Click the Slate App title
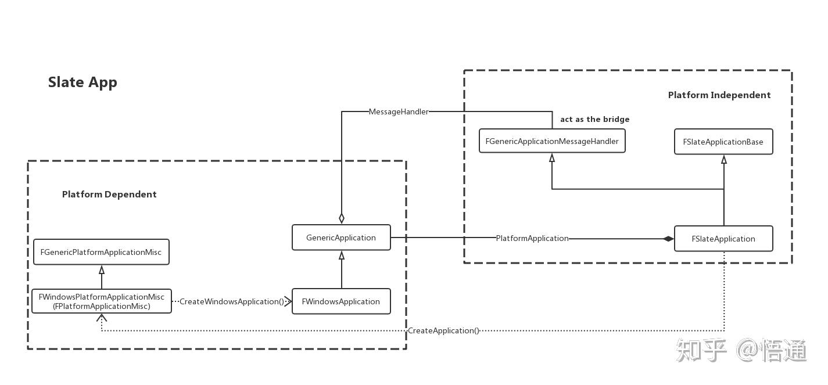click(83, 82)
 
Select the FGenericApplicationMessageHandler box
click(551, 141)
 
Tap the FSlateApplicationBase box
click(723, 142)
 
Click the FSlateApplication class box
click(723, 239)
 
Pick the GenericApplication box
click(341, 238)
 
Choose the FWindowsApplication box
click(341, 301)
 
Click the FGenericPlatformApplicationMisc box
click(101, 252)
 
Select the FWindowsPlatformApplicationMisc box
click(101, 301)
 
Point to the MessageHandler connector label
click(399, 111)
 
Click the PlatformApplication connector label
click(532, 238)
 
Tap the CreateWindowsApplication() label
click(231, 301)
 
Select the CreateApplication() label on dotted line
click(443, 330)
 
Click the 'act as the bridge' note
click(594, 119)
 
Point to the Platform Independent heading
click(719, 95)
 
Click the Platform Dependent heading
click(109, 195)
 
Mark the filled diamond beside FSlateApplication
click(668, 239)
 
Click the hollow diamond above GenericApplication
click(342, 218)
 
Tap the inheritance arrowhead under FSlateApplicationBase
click(724, 159)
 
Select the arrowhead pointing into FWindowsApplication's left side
click(288, 301)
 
